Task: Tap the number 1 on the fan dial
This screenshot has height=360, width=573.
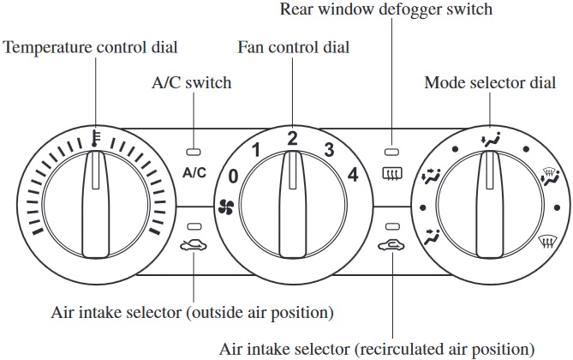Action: (254, 151)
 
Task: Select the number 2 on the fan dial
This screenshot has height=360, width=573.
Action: (292, 137)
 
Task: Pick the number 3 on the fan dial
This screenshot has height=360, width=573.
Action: (328, 151)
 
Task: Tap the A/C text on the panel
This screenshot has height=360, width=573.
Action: (194, 172)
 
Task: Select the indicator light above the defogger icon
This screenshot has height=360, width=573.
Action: (392, 147)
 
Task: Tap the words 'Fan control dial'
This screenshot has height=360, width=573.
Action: (292, 47)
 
